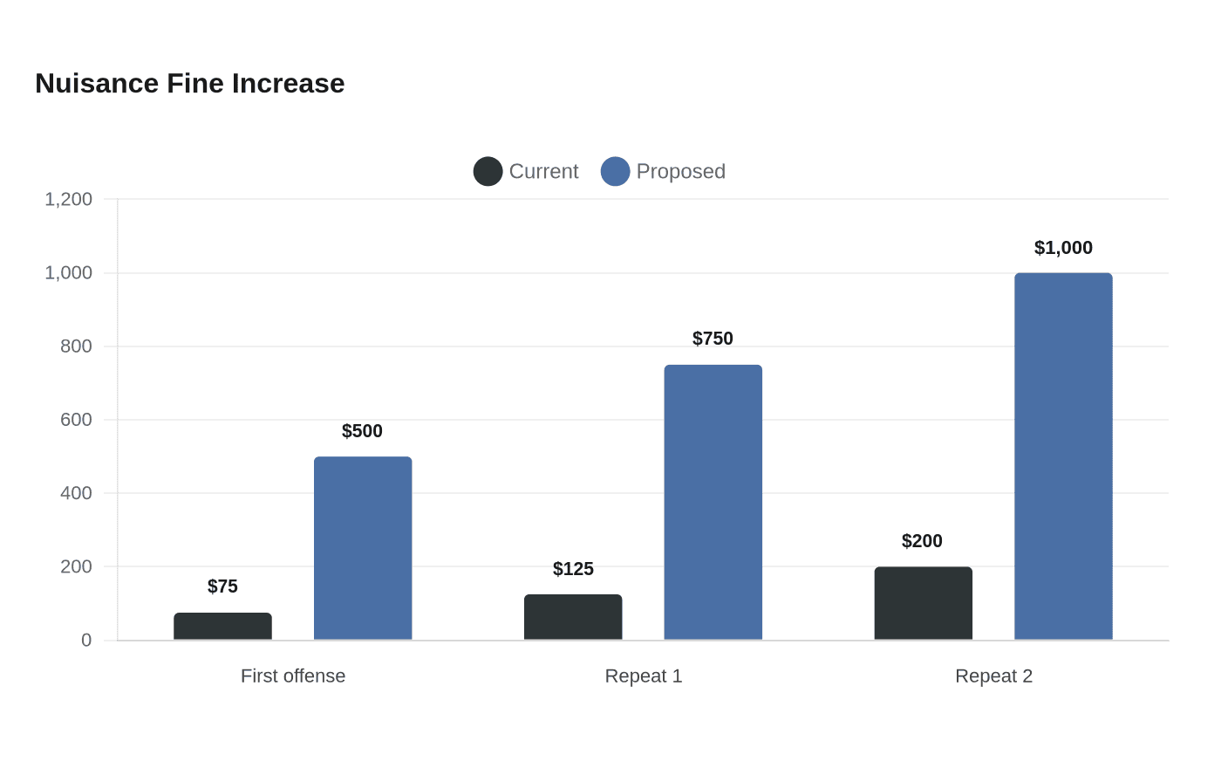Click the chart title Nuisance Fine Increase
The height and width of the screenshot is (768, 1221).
tap(190, 84)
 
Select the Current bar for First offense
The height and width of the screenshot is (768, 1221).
tap(223, 627)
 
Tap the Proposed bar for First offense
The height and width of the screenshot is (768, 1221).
tap(363, 548)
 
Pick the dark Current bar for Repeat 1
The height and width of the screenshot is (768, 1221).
tap(573, 617)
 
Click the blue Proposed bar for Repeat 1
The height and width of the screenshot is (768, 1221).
tap(713, 503)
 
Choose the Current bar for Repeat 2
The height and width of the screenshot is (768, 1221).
tap(924, 603)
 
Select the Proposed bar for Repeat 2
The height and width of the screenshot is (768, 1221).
tap(1063, 456)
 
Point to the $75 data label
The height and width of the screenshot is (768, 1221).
tap(222, 586)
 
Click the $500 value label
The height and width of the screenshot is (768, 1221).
tap(362, 431)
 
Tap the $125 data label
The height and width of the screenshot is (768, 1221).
tap(573, 569)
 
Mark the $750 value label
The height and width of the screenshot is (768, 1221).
tap(713, 339)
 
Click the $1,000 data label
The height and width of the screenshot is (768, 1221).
tap(1063, 248)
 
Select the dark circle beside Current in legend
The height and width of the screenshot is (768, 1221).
tap(488, 171)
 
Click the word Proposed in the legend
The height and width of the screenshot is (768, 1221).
tap(681, 171)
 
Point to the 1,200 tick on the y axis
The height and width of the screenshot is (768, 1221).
tap(68, 199)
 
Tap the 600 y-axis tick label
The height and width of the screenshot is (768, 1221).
tap(76, 420)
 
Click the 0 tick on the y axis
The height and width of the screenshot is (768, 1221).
tap(86, 640)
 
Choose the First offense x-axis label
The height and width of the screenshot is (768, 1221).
tap(293, 675)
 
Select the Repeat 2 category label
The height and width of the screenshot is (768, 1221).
tap(993, 675)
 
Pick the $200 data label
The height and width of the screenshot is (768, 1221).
tap(922, 541)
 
